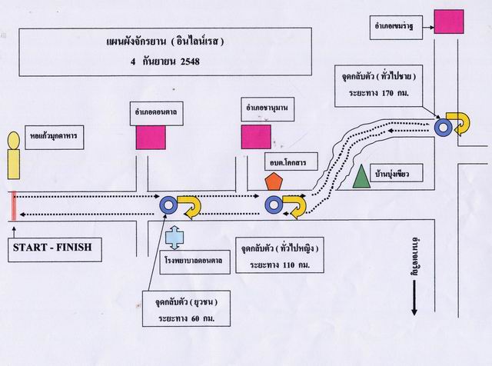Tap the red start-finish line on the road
pyautogui.click(x=13, y=205)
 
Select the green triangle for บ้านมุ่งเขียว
pyautogui.click(x=361, y=177)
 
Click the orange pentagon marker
pyautogui.click(x=273, y=181)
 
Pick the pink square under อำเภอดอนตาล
pyautogui.click(x=151, y=136)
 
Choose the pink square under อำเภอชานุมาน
pyautogui.click(x=256, y=136)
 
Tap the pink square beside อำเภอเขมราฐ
pyautogui.click(x=448, y=22)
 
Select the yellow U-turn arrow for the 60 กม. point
pyautogui.click(x=190, y=205)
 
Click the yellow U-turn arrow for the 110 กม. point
pyautogui.click(x=294, y=205)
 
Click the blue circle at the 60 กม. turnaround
pyautogui.click(x=168, y=205)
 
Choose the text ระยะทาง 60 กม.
pyautogui.click(x=186, y=316)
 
